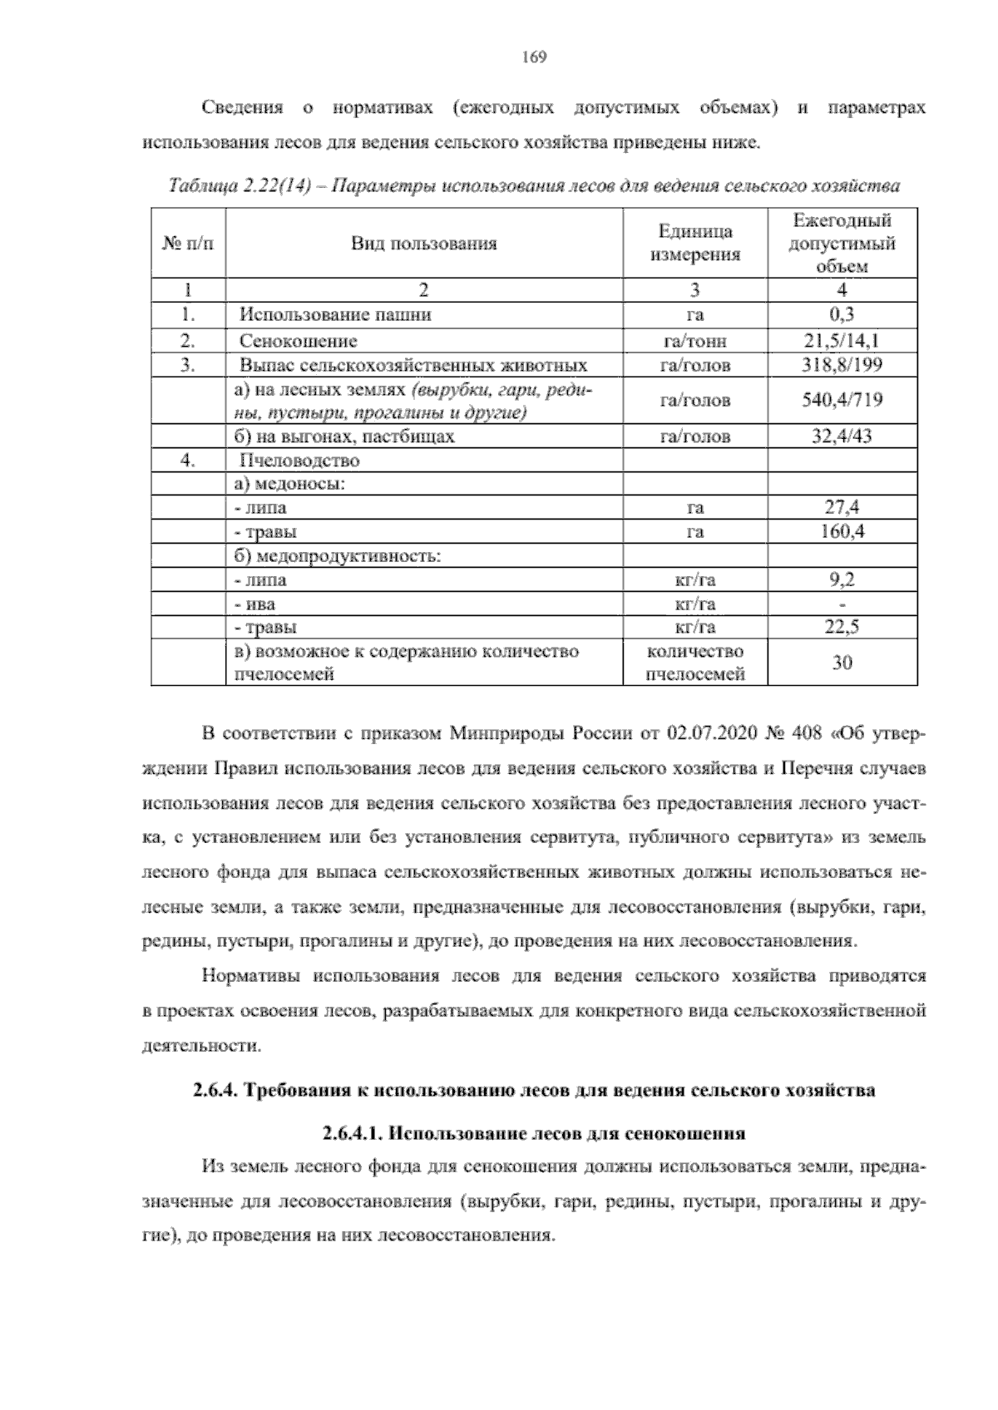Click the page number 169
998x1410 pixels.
(x=533, y=57)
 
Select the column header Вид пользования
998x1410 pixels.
(x=423, y=244)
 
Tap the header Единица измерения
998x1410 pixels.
(x=694, y=244)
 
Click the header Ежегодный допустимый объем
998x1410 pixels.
(x=842, y=244)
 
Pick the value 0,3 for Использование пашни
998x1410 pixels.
(x=842, y=314)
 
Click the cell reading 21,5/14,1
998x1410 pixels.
(x=842, y=340)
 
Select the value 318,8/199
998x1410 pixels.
(x=842, y=364)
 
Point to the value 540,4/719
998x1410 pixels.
(x=842, y=401)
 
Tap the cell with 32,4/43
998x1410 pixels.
(x=842, y=436)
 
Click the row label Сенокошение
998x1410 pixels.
(x=299, y=341)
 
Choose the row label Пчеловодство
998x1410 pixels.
(x=299, y=460)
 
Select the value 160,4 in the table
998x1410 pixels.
(x=842, y=531)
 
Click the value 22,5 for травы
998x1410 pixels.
(x=842, y=627)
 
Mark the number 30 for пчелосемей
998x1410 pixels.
(x=842, y=663)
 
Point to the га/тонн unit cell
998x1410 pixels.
(x=694, y=341)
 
